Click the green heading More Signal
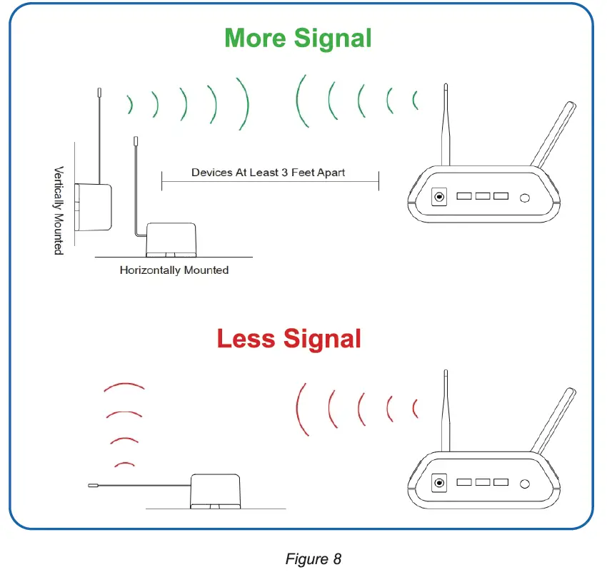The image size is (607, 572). click(298, 38)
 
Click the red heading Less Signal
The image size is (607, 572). click(289, 338)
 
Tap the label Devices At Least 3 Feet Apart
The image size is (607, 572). click(269, 173)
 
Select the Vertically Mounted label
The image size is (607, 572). click(59, 211)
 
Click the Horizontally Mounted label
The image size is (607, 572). click(174, 270)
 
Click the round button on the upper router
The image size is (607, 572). click(526, 198)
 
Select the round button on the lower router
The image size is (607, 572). click(526, 485)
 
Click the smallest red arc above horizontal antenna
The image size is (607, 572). click(125, 464)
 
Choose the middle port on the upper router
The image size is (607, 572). click(482, 195)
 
